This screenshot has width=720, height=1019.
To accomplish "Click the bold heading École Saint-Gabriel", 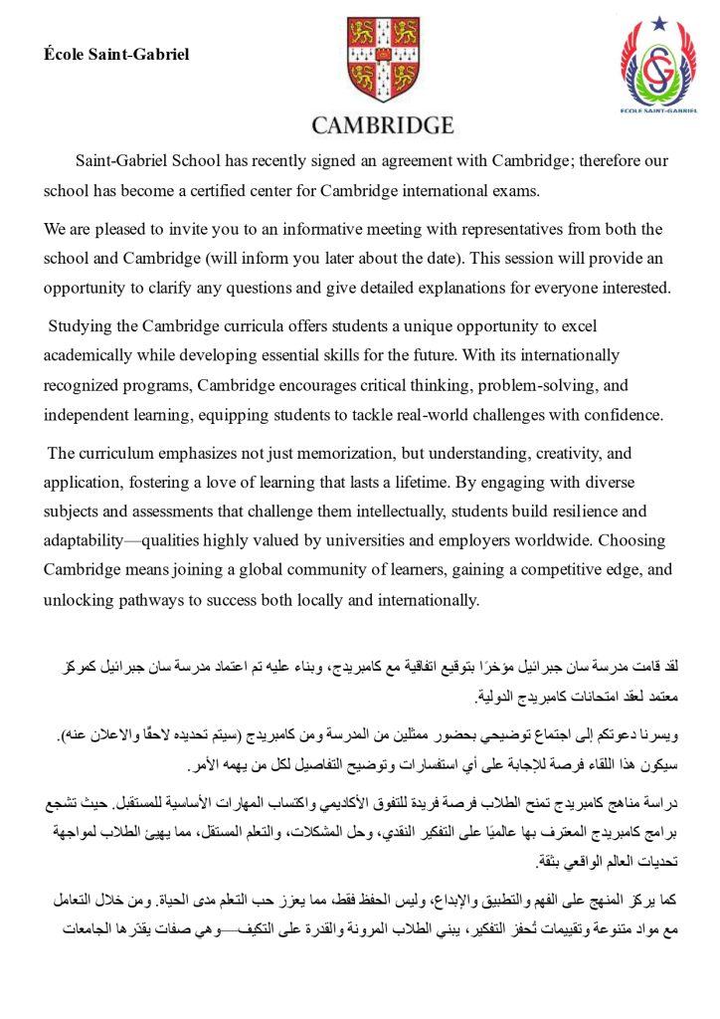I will click(115, 54).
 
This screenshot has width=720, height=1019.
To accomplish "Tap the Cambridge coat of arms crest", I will click(382, 62).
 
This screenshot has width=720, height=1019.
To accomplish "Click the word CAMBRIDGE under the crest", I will click(382, 125).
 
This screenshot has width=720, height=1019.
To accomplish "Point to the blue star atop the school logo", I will click(659, 22).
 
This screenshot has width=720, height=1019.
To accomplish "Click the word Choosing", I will click(635, 541).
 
